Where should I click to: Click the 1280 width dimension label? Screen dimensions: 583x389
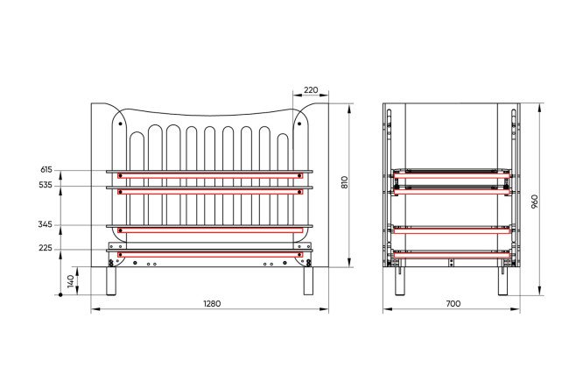pos(212,303)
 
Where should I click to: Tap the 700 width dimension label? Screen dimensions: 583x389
pos(453,303)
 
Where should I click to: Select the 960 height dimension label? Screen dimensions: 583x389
pos(534,202)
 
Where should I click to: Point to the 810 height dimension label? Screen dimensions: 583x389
pos(344,182)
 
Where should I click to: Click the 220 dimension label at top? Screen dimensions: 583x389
pos(311,90)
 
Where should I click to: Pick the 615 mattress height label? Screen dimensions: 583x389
pos(46,170)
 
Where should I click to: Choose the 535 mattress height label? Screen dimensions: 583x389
pos(46,185)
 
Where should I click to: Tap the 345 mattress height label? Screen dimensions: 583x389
pos(45,224)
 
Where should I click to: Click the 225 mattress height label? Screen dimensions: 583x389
pos(46,248)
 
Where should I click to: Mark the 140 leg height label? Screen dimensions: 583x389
pos(71,281)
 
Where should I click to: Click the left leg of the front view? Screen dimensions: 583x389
pos(111,280)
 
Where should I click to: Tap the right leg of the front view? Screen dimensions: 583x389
pos(308,280)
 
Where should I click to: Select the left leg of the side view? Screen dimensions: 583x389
pos(400,281)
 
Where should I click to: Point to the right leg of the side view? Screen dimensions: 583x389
pos(503,281)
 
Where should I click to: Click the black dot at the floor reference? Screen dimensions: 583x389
pos(60,295)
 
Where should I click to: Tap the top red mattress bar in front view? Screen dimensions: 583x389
pos(210,175)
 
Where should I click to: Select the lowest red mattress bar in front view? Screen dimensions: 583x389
pos(210,255)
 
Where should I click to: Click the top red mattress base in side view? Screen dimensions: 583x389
pos(452,174)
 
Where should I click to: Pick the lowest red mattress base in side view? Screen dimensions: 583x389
pos(452,255)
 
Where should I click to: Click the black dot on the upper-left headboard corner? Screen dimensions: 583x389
pos(120,124)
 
